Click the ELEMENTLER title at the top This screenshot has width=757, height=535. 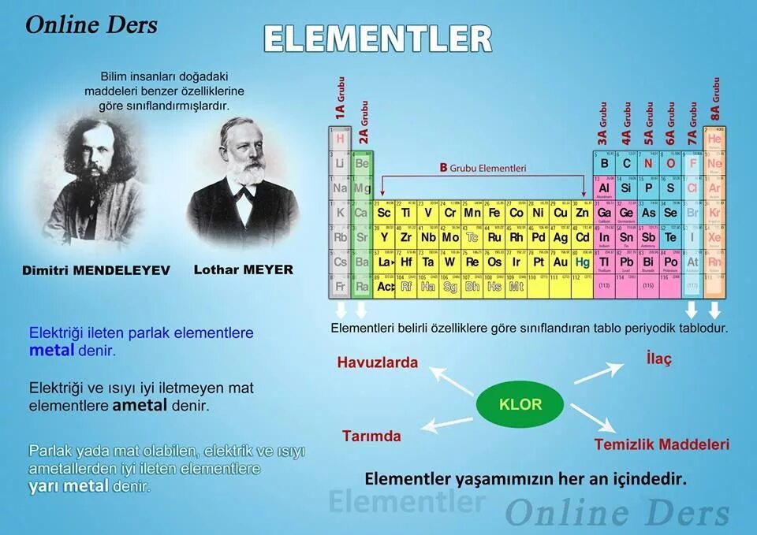(x=378, y=38)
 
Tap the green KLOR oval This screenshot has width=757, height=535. (x=520, y=405)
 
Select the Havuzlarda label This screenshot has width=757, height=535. (x=378, y=362)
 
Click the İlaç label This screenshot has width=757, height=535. (x=658, y=359)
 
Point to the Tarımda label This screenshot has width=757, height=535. (x=371, y=436)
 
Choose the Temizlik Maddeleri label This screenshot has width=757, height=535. (x=662, y=444)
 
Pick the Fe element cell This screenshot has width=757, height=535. (x=494, y=213)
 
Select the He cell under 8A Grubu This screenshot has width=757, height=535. (x=714, y=139)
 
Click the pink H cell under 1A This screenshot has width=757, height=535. (x=341, y=139)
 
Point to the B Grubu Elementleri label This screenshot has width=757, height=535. (x=483, y=168)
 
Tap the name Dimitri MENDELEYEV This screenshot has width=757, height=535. (x=96, y=270)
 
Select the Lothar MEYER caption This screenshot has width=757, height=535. (x=243, y=269)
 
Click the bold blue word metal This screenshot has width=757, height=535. (x=51, y=351)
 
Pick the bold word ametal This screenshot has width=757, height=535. (x=140, y=406)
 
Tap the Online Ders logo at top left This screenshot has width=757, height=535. (x=91, y=24)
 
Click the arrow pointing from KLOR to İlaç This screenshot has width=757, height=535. (x=599, y=373)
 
